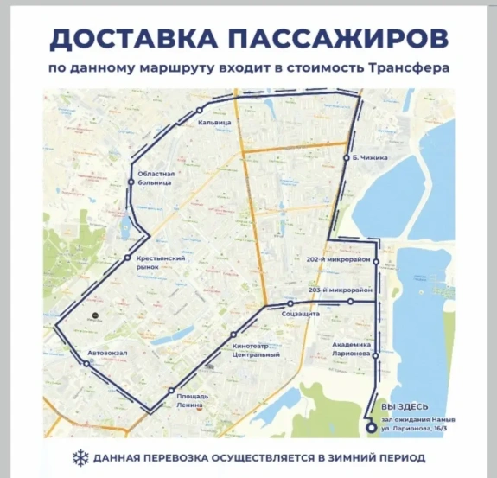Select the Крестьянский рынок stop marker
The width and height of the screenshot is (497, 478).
pyautogui.click(x=127, y=258)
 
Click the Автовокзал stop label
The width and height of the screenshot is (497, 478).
pyautogui.click(x=105, y=352)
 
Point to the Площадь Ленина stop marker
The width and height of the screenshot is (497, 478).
pyautogui.click(x=171, y=391)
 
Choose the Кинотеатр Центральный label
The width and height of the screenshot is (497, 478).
pyautogui.click(x=257, y=350)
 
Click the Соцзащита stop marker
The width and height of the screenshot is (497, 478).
pyautogui.click(x=290, y=305)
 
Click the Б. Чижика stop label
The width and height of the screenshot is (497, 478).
pyautogui.click(x=370, y=158)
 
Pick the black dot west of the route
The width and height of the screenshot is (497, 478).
pyautogui.click(x=96, y=316)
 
